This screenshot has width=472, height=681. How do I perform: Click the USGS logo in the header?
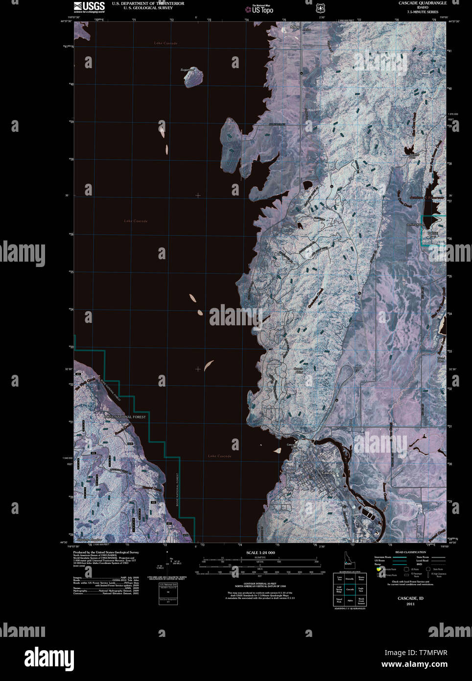[x=89, y=6]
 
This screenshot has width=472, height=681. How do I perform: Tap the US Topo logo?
[x=262, y=9]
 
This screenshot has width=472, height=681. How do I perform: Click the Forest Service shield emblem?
[x=320, y=8]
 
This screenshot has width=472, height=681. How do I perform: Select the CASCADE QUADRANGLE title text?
[x=422, y=3]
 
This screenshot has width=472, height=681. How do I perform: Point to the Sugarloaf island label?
[x=187, y=70]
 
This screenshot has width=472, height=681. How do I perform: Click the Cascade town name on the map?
[x=329, y=472]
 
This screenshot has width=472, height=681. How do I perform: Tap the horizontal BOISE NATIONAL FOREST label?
[x=125, y=416]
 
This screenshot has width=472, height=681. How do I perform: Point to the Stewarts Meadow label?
[x=90, y=540]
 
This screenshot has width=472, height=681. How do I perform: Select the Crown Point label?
[x=298, y=370]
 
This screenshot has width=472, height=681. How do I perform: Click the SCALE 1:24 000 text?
[x=260, y=553]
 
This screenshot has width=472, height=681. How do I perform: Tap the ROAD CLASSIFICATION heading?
[x=410, y=552]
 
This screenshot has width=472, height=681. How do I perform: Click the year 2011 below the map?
[x=410, y=604]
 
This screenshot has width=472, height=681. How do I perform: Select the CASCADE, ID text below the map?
[x=410, y=598]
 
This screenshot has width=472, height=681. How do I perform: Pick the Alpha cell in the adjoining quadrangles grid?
[x=350, y=600]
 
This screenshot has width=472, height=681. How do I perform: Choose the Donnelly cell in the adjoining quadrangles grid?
[x=350, y=579]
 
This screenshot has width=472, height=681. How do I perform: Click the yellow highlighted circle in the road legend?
[x=378, y=569]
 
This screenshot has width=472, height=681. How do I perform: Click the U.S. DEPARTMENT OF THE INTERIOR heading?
[x=148, y=3]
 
